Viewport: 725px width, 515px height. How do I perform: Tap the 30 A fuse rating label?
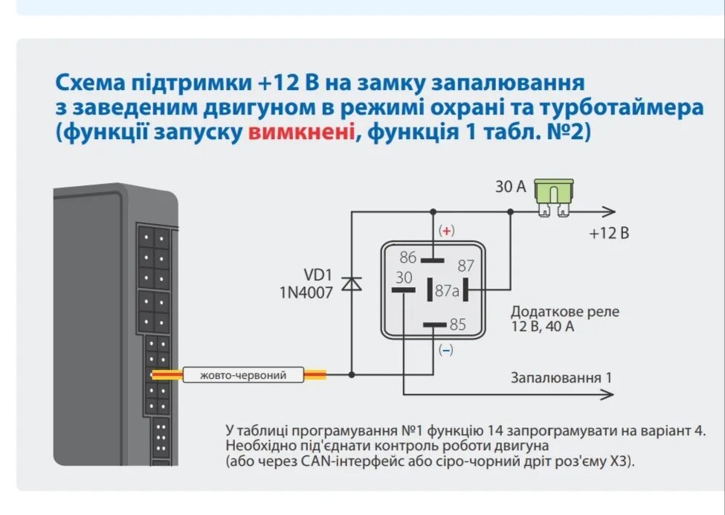click(x=510, y=187)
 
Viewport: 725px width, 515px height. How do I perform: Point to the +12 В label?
click(x=609, y=233)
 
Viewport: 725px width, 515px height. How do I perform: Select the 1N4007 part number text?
click(x=306, y=292)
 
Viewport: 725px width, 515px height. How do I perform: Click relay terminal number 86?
click(x=408, y=257)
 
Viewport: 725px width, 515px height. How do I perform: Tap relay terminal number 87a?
click(x=447, y=291)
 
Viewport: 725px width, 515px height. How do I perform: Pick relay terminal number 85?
click(x=457, y=324)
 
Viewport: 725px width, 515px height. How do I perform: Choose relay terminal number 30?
click(x=404, y=277)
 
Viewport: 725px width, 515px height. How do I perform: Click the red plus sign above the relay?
click(x=446, y=231)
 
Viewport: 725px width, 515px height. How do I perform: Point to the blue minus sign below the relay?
click(x=445, y=350)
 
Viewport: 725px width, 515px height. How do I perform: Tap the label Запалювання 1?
click(x=561, y=377)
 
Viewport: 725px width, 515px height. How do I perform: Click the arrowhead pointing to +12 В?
click(x=609, y=211)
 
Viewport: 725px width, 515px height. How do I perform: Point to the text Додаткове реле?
click(x=564, y=311)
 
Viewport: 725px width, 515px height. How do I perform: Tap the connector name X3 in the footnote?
click(x=616, y=461)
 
